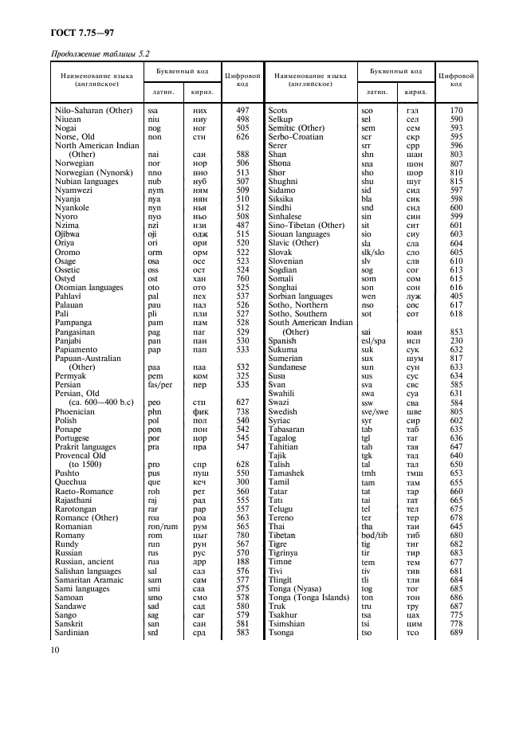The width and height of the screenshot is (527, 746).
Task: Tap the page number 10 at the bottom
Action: click(x=57, y=650)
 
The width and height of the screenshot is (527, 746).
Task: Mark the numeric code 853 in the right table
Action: click(x=456, y=332)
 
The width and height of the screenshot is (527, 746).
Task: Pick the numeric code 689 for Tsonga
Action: click(x=456, y=633)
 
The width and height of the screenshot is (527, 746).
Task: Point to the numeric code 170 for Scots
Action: click(x=456, y=109)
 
